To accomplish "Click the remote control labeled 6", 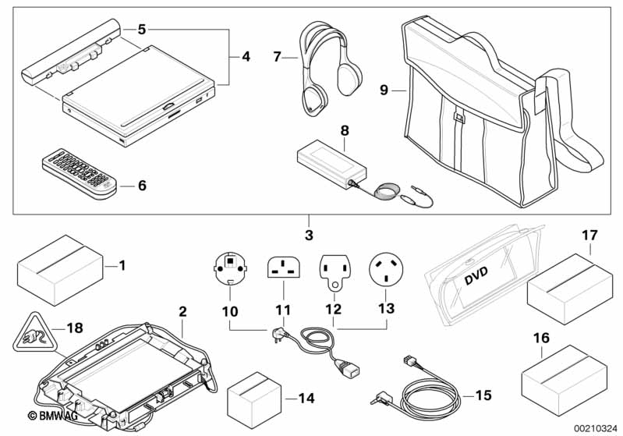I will tap(78, 175).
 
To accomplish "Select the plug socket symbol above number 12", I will tap(334, 268).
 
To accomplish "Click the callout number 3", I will tap(309, 234).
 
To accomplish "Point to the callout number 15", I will tap(483, 395).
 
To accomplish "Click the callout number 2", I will tap(182, 311).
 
